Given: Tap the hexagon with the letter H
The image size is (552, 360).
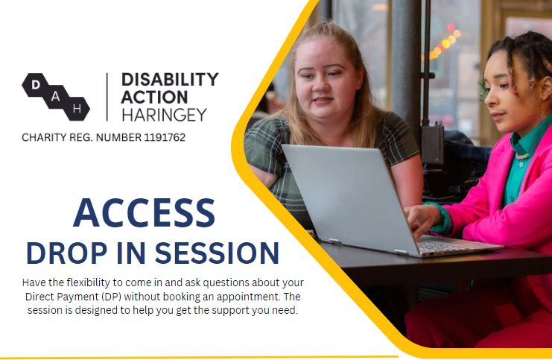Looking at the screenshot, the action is point(77,109).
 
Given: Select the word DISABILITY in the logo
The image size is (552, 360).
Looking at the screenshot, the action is point(170,80).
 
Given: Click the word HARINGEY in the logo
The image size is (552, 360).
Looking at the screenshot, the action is point(164,115).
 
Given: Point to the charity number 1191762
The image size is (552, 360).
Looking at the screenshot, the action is point(165,137).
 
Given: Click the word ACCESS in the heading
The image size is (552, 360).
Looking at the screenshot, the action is point(144,212).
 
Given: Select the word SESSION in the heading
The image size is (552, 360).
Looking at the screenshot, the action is point(218,253).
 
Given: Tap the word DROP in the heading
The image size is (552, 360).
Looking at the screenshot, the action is point(66,253).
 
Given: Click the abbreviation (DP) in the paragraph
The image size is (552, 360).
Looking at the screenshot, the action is point(111,297).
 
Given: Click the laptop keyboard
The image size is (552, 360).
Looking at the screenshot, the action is point(444,245).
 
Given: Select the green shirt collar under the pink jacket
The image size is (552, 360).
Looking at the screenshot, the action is point(523,145).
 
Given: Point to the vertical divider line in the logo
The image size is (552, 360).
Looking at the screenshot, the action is point(107,97).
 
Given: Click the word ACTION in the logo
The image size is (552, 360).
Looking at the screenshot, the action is point(154,97).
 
